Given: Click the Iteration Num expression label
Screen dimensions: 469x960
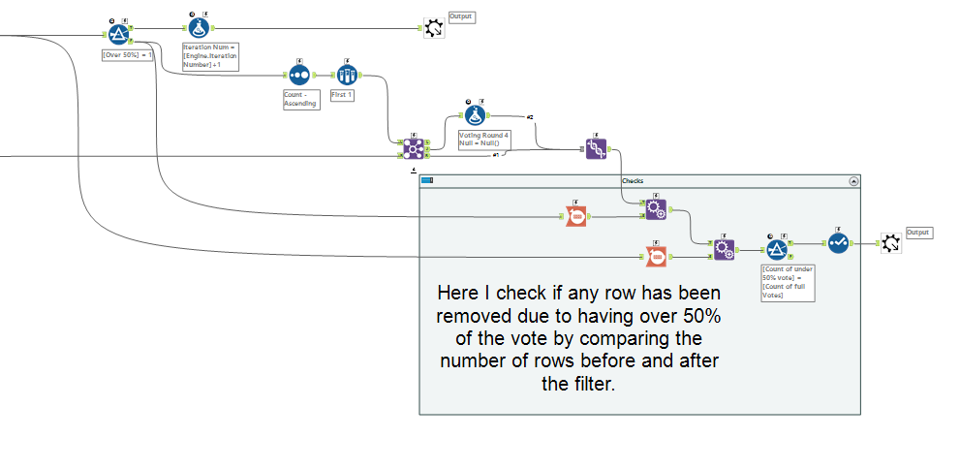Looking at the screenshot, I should pos(210,56).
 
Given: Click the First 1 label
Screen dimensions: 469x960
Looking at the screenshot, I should pos(342,95).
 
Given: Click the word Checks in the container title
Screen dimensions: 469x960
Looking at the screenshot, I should pos(633,180).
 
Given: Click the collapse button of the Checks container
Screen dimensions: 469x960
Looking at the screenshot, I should pos(853,180).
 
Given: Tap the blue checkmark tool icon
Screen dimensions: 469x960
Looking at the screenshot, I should pos(838,243).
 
